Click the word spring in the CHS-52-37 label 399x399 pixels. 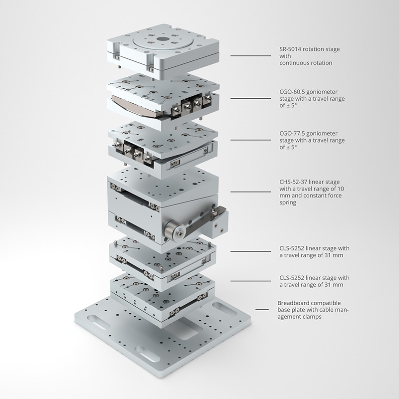click(x=288, y=203)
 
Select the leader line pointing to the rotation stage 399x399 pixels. click(x=251, y=55)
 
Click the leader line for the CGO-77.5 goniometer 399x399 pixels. click(x=251, y=140)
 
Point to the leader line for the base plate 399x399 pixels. click(x=262, y=310)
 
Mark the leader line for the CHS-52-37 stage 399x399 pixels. click(x=251, y=192)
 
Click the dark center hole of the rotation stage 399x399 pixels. click(x=163, y=39)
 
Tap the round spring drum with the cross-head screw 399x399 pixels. click(x=176, y=231)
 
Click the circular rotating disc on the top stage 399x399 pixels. click(x=163, y=41)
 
